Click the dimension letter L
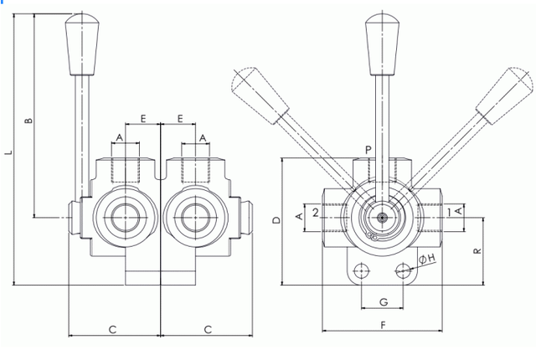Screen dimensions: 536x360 [x=8, y=152]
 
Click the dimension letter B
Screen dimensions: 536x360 [x=29, y=121]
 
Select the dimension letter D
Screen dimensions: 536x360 [x=276, y=220]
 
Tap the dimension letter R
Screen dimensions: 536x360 [x=477, y=251]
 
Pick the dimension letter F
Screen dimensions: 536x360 [x=384, y=325]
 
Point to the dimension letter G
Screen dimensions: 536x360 [x=384, y=302]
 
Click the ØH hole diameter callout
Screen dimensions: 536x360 [x=427, y=259]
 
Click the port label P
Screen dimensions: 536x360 [x=368, y=150]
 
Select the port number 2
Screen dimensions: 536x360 [x=316, y=213]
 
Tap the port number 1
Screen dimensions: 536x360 [x=449, y=213]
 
